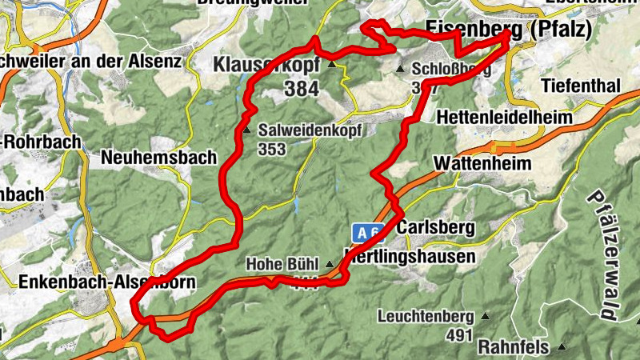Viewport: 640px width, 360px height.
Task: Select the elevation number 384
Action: pos(301,89)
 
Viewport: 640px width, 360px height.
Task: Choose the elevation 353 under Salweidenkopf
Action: pos(273,148)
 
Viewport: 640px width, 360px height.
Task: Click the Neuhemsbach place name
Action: pos(158,158)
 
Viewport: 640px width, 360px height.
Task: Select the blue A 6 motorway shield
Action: pos(367,234)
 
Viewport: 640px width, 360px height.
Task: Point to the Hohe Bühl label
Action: pos(283,263)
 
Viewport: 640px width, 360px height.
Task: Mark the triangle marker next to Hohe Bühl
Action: pos(329,263)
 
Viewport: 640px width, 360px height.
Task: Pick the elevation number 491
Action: pos(461,335)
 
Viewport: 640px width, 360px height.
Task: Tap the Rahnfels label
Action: pos(513,347)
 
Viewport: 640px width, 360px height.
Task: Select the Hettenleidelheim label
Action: pos(505,117)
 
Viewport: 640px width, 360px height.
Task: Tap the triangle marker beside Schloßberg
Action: pos(402,69)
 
